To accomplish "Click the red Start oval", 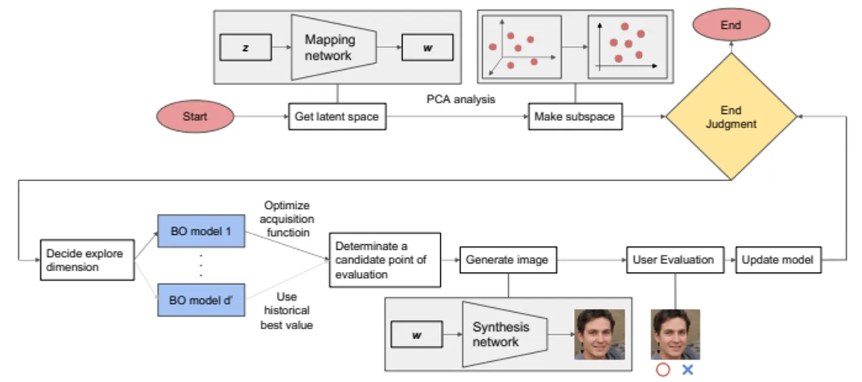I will pos(195,116).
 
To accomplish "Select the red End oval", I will pos(730,26).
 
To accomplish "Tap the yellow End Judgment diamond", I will pos(730,117).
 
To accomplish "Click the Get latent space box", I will pos(337,116).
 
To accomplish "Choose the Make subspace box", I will pos(575,116).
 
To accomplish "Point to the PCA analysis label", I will pos(460,99).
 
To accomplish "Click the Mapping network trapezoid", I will pos(332,48).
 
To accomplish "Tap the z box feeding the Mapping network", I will pos(245,48).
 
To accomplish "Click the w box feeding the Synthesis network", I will pos(416,334).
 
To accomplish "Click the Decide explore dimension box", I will pos(87,260).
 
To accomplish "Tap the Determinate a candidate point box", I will pos(376,260).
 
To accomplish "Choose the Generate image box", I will pos(508,260).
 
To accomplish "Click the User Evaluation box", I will pos(673,260).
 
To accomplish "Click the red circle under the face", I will pos(663,370).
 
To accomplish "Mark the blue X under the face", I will pos(688,370).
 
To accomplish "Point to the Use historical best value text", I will pos(286,311).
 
